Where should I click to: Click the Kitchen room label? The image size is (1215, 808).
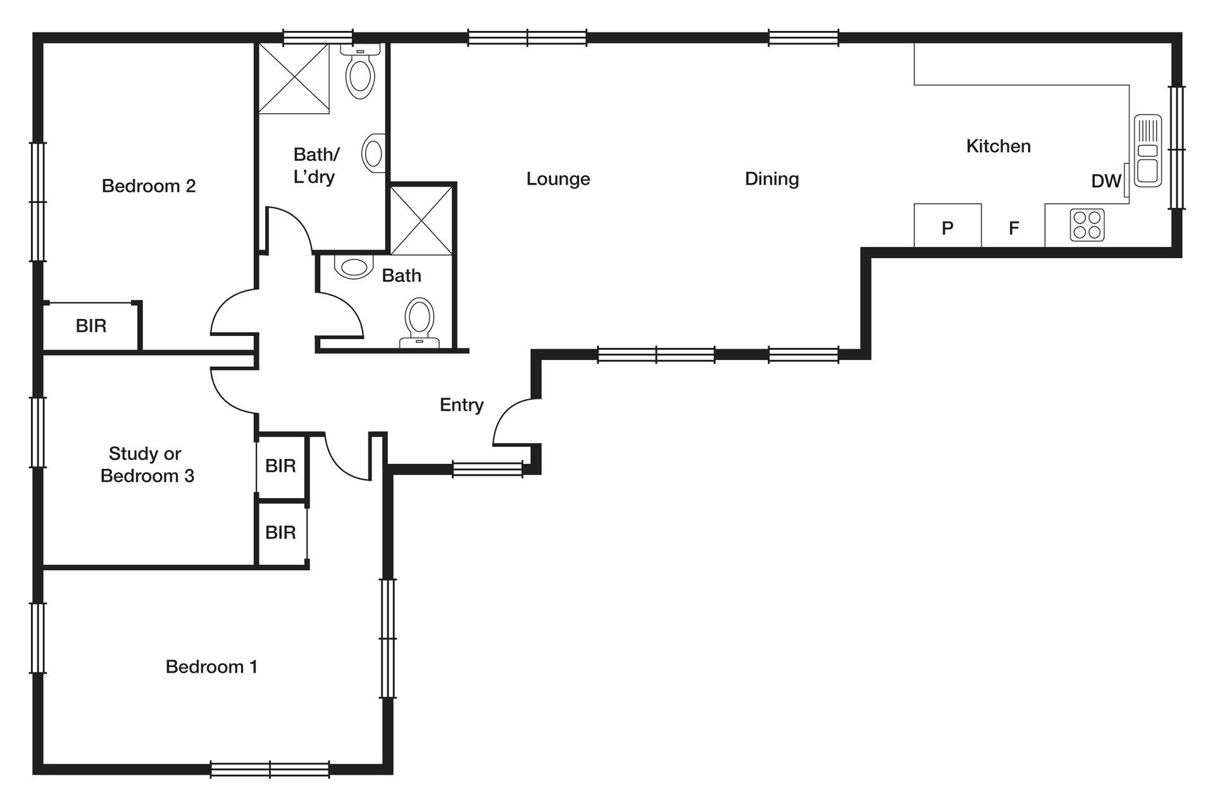[998, 146]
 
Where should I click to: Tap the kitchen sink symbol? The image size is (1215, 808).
[1147, 151]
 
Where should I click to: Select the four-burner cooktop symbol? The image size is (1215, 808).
[1087, 225]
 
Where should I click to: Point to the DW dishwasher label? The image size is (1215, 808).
[1106, 182]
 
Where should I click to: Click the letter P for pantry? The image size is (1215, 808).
[947, 228]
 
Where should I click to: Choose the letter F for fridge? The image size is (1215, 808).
[1014, 228]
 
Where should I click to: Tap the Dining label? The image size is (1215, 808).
[771, 179]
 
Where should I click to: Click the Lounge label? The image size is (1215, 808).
[558, 179]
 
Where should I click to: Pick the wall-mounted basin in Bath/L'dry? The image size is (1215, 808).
[374, 152]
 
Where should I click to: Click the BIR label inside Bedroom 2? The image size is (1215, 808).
[91, 326]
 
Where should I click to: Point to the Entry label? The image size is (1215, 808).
[461, 405]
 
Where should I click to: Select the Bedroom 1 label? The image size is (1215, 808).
[211, 666]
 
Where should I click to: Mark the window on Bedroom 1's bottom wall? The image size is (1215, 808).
[270, 769]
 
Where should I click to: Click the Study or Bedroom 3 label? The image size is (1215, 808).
[147, 464]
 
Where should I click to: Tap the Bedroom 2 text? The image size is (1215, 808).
[149, 186]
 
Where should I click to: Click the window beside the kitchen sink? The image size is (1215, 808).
[1176, 147]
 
